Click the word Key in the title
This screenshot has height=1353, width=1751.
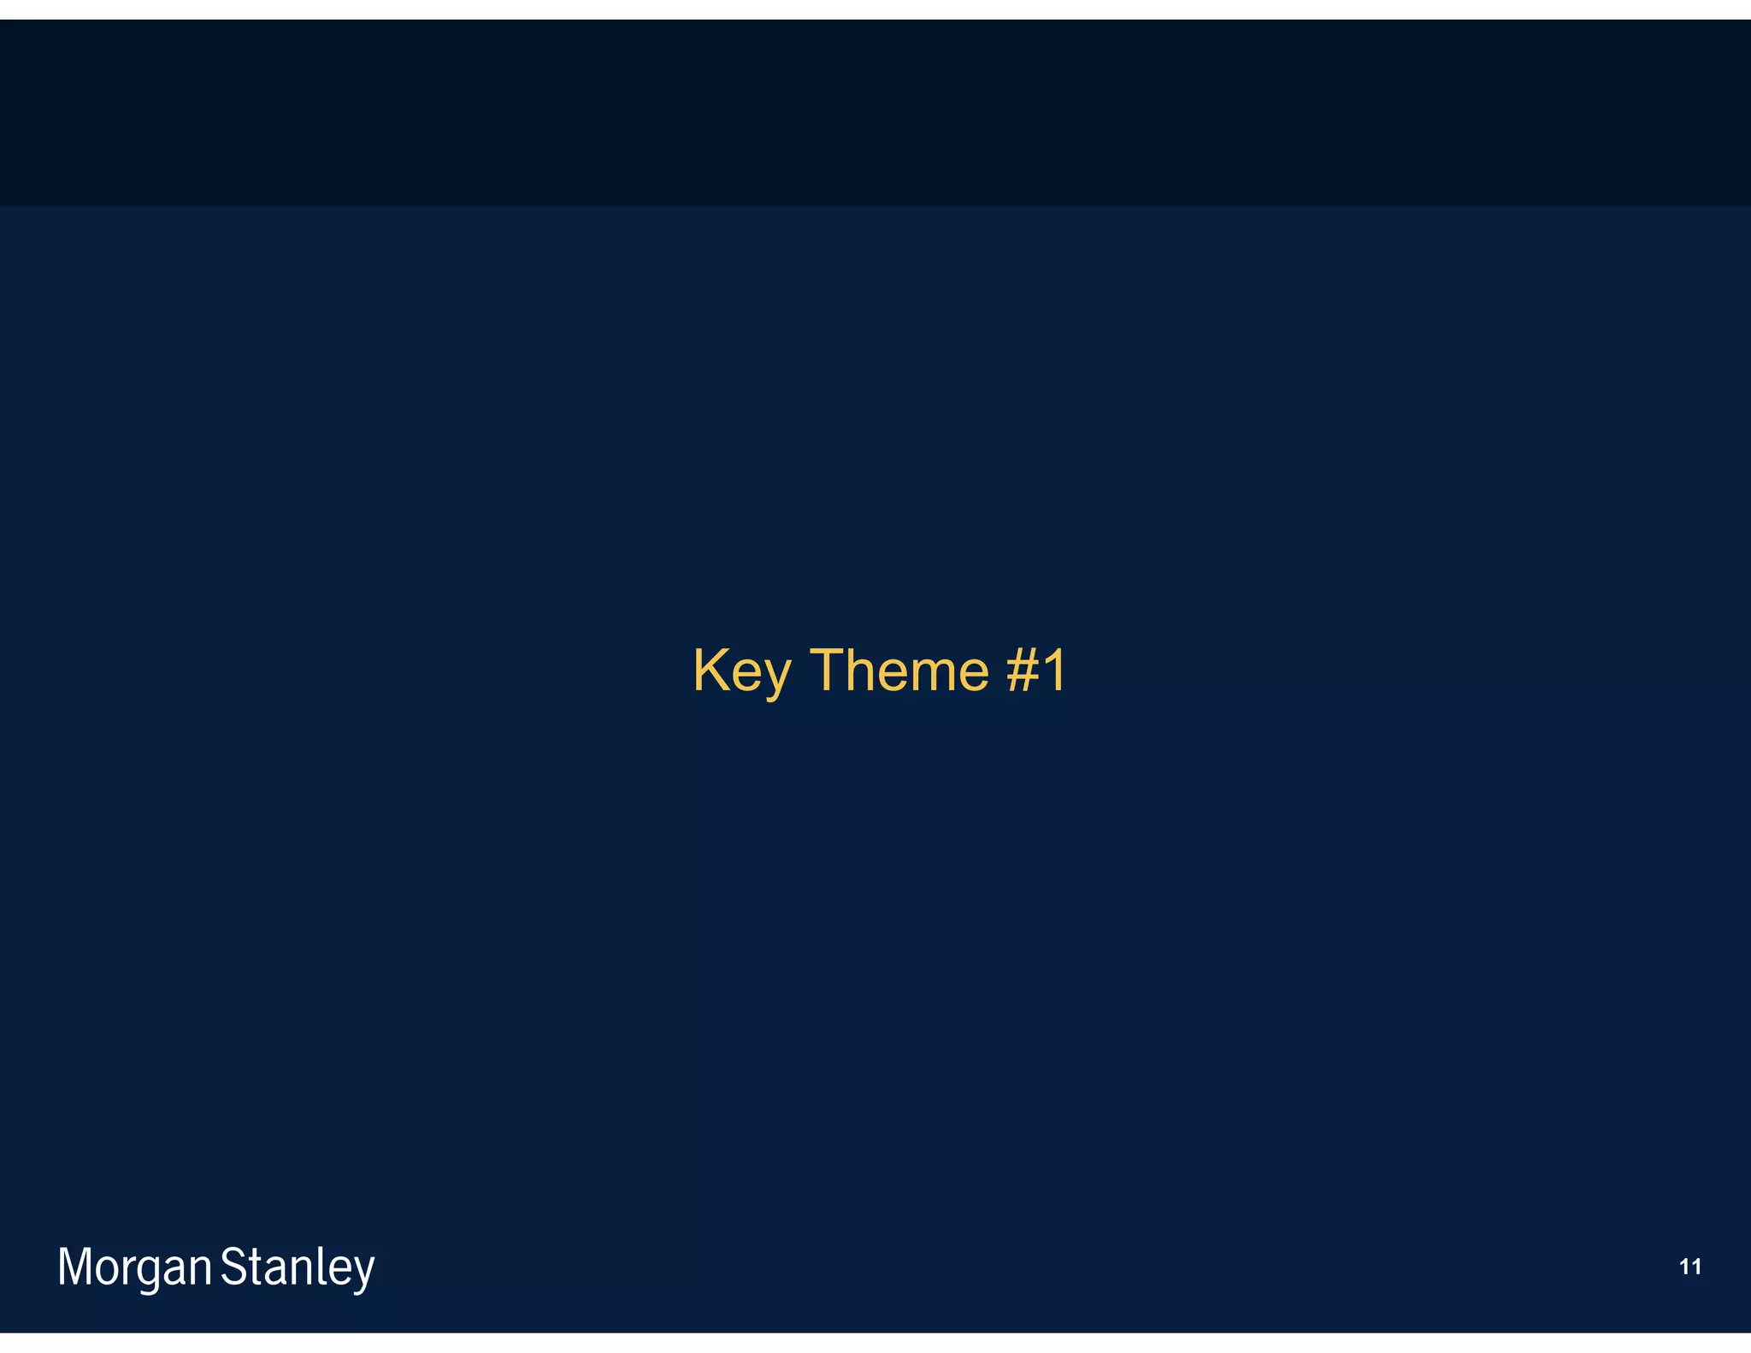(741, 671)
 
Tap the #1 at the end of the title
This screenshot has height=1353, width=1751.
(1036, 671)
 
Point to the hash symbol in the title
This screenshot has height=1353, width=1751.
(1021, 671)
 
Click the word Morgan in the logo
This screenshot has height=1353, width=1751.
(134, 1268)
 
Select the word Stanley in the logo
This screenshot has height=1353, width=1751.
(298, 1268)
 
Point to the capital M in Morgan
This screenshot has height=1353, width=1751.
(74, 1267)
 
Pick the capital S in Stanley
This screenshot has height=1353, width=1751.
(233, 1267)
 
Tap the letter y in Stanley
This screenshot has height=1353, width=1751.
(364, 1274)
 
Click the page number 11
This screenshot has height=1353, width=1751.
(1689, 1267)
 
